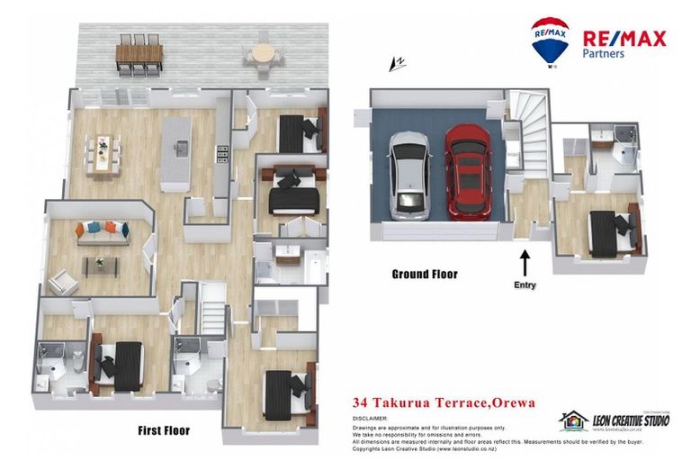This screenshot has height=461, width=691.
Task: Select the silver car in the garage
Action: pos(409,176)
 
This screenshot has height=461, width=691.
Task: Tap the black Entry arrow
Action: pos(525,263)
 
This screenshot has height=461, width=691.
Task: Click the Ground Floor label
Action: pos(424,275)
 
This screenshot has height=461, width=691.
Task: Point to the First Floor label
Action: pos(164,430)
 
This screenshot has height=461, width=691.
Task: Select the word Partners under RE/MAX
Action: pos(604,54)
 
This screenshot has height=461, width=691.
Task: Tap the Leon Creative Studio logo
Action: pos(614,421)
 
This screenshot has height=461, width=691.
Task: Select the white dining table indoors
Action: pos(105,152)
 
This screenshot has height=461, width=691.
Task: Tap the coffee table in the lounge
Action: pos(102,264)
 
